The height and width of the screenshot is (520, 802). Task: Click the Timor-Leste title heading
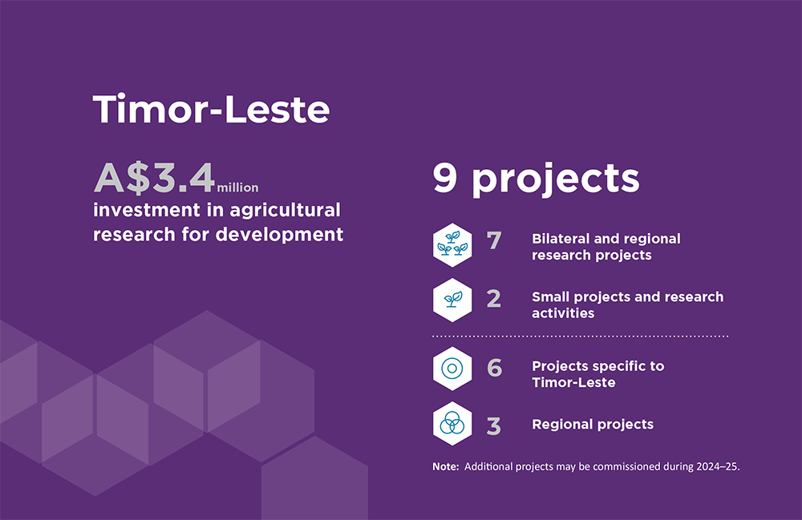(x=211, y=109)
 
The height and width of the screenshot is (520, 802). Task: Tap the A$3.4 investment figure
(x=154, y=178)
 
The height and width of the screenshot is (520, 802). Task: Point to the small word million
(x=238, y=187)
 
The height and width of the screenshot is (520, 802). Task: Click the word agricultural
(x=285, y=210)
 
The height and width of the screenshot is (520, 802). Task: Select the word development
(x=279, y=235)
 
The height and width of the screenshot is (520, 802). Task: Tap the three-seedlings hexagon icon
(x=452, y=245)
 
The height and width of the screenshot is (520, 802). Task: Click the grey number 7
(x=494, y=240)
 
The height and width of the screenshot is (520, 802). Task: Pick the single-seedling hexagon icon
(x=452, y=300)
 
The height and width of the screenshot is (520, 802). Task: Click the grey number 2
(x=493, y=299)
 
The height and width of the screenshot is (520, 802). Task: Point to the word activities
(x=563, y=313)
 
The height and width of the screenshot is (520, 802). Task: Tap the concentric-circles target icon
(x=452, y=369)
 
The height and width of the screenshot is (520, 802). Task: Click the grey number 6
(x=495, y=367)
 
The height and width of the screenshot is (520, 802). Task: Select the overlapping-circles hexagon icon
(x=452, y=424)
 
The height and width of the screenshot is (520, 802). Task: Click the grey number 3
(x=493, y=426)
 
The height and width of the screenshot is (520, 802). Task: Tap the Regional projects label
(x=593, y=425)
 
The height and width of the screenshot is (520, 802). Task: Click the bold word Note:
(x=445, y=466)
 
